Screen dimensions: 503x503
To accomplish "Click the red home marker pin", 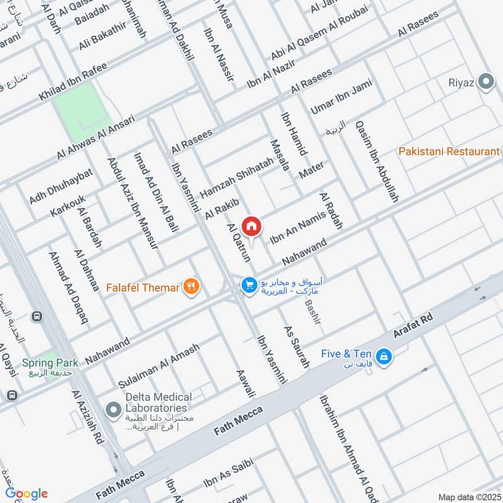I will (x=251, y=225).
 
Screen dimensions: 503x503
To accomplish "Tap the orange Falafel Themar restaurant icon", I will (x=192, y=287).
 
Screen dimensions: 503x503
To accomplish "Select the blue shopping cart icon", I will (x=249, y=285).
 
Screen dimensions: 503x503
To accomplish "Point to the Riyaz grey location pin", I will (x=485, y=82).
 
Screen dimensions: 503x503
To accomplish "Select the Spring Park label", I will (x=50, y=363).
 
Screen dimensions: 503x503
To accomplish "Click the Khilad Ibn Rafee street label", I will (x=74, y=82).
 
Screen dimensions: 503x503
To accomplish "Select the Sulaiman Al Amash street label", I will (x=158, y=365).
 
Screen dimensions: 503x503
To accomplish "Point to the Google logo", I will (x=26, y=493).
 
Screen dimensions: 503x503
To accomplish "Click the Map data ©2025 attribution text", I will (x=468, y=497).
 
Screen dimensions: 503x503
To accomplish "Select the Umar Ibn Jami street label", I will (x=341, y=96).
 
